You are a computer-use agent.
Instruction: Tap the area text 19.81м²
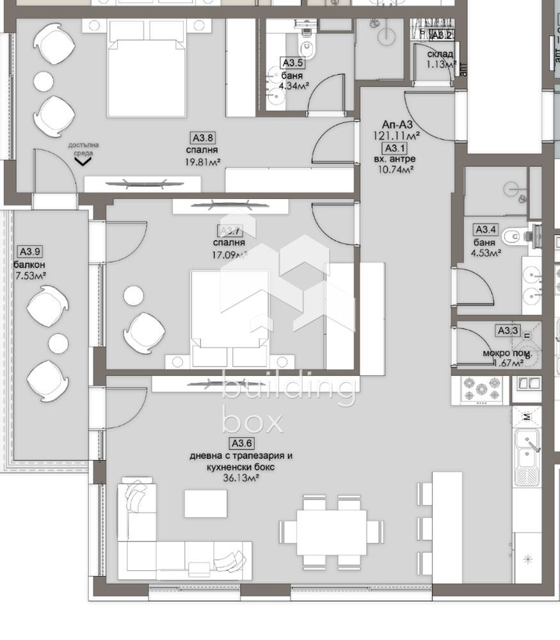[202, 162]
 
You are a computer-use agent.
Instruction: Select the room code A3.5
[292, 63]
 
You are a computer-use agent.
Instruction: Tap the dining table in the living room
[331, 532]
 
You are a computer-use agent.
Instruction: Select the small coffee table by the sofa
[205, 503]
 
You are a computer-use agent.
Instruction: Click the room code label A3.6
[241, 443]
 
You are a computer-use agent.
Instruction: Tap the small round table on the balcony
[58, 343]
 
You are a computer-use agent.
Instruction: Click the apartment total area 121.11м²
[397, 136]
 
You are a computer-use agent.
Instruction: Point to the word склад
[440, 54]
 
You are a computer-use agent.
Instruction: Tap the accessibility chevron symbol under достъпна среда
[82, 162]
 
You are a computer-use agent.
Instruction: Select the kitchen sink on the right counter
[527, 449]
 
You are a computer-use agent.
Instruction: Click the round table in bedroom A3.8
[44, 81]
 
